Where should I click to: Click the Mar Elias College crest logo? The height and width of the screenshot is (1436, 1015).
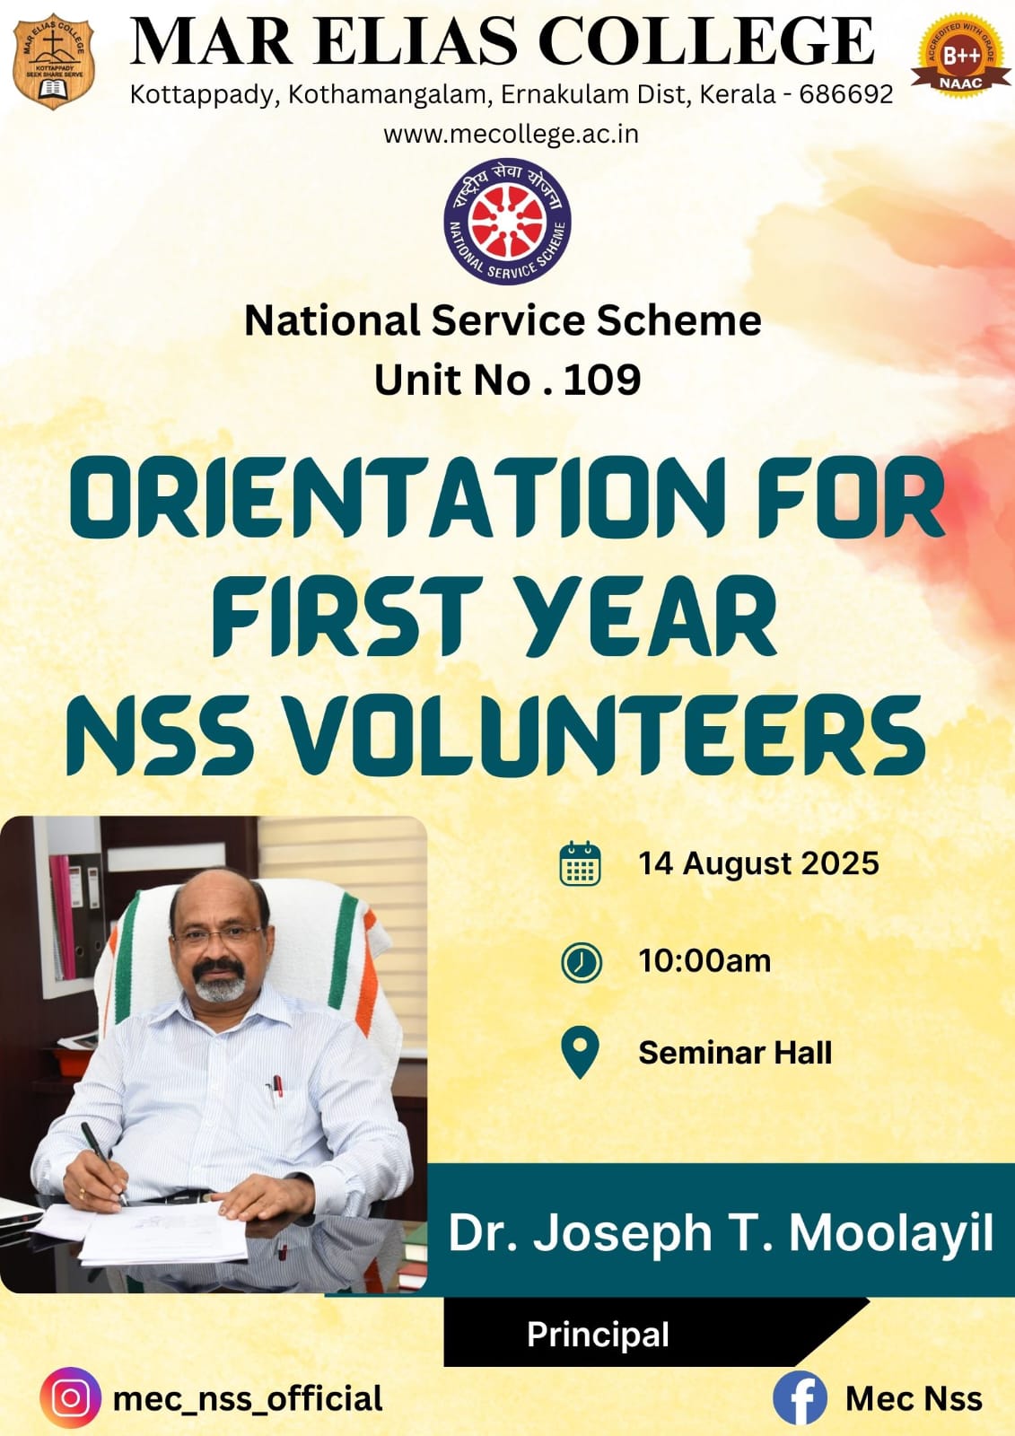(x=54, y=62)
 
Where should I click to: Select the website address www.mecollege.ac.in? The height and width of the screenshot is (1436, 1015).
(x=511, y=134)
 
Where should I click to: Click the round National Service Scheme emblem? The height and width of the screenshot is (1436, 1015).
(x=507, y=222)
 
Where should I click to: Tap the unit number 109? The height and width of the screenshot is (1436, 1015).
(x=602, y=379)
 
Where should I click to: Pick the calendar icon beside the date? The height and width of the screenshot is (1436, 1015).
(x=581, y=863)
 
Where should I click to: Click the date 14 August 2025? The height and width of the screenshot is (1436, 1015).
(x=758, y=862)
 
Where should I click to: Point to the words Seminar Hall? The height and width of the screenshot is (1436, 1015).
(x=735, y=1053)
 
